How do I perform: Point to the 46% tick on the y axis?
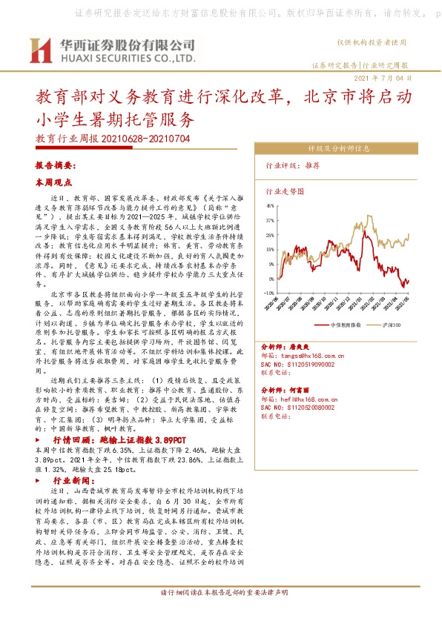[270, 205]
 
